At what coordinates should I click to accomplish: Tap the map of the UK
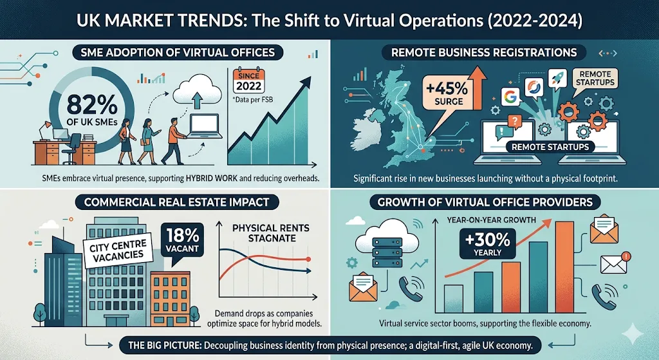click(387, 129)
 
